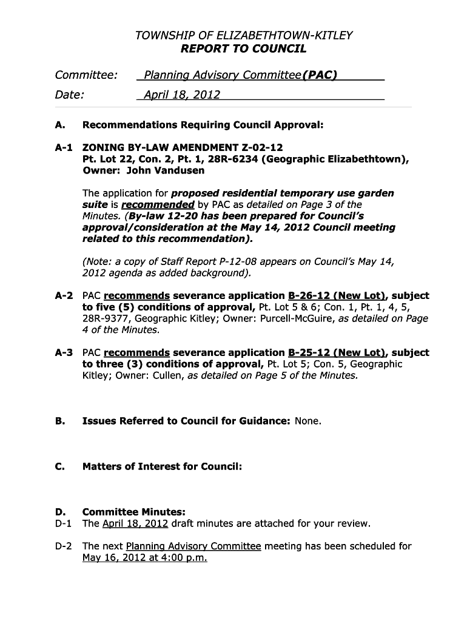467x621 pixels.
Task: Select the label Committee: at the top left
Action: pyautogui.click(x=86, y=75)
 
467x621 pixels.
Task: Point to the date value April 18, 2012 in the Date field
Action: pyautogui.click(x=182, y=95)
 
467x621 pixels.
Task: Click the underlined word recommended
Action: pyautogui.click(x=158, y=204)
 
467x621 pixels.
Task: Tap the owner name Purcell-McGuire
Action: pyautogui.click(x=295, y=318)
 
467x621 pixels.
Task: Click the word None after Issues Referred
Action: pyautogui.click(x=307, y=421)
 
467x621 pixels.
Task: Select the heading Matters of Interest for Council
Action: pyautogui.click(x=162, y=466)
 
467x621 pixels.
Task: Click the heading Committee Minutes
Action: pyautogui.click(x=133, y=512)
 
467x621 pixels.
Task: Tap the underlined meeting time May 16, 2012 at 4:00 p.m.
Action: pyautogui.click(x=144, y=557)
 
